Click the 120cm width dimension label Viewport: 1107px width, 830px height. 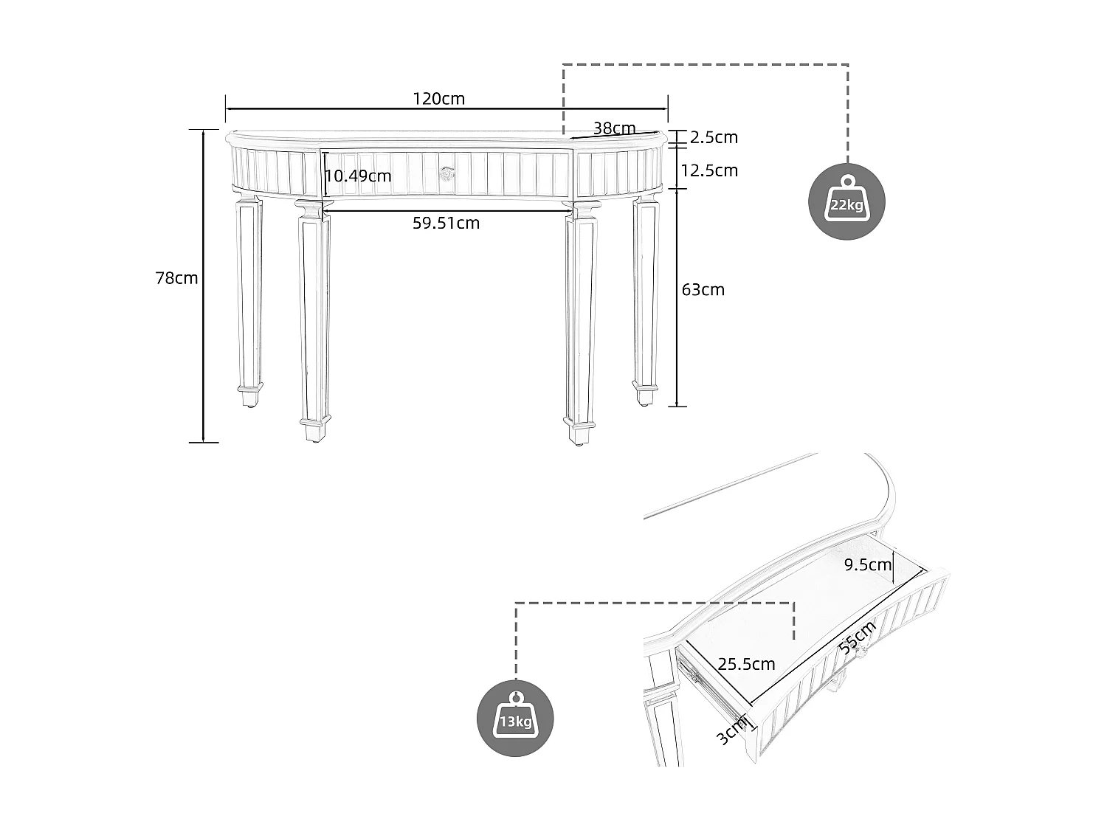click(438, 99)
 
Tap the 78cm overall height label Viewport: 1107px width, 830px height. click(176, 278)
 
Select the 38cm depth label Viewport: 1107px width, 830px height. click(614, 128)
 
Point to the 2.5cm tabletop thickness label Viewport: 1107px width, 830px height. click(714, 137)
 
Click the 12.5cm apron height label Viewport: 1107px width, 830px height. click(709, 170)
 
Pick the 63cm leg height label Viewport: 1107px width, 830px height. click(703, 289)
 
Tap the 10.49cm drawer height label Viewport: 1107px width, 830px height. click(359, 176)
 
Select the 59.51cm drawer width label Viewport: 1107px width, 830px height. click(446, 223)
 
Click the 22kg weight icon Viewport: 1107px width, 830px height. click(846, 201)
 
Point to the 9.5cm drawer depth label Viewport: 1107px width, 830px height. click(868, 565)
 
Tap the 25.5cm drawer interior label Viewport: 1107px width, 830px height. click(747, 664)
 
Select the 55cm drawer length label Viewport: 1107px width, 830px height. click(858, 637)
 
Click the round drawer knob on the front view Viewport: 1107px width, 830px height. click(446, 174)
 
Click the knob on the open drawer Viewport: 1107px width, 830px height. click(861, 650)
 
